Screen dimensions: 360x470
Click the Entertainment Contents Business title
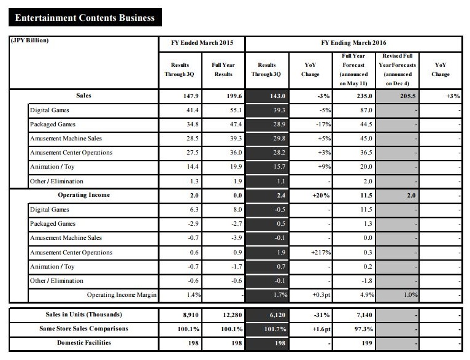(x=82, y=17)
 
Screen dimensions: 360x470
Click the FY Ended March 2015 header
(x=201, y=44)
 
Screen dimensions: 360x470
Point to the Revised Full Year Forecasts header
(x=397, y=69)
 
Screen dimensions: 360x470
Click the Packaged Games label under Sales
(x=53, y=124)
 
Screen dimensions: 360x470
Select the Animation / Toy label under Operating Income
(x=53, y=266)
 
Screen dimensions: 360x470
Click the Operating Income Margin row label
(x=121, y=295)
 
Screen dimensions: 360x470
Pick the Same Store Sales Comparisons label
(x=83, y=329)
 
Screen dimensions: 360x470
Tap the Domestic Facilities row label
(x=83, y=342)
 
